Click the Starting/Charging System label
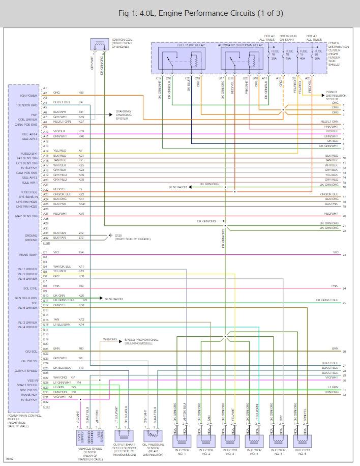pyautogui.click(x=123, y=115)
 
